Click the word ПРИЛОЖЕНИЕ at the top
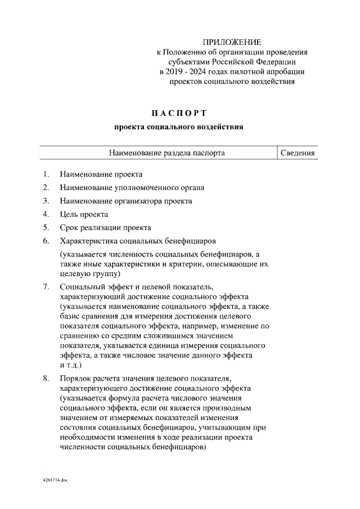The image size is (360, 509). point(232,42)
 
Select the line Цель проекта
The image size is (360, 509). point(84,214)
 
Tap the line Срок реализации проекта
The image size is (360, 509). point(105,228)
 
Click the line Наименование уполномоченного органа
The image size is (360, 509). point(132,187)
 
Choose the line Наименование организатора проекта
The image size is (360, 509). point(125,201)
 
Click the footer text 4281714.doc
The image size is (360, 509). point(55,482)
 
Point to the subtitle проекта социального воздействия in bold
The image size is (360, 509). point(179,127)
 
